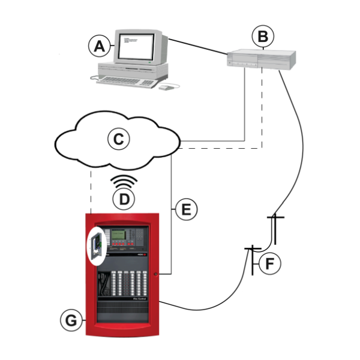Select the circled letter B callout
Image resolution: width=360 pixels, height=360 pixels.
263,37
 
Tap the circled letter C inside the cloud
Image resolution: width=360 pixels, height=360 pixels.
119,139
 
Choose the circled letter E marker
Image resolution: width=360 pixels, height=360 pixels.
186,209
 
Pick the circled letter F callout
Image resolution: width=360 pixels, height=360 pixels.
271,262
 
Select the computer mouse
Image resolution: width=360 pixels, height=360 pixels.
166,88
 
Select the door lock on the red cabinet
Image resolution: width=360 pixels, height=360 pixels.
155,275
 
